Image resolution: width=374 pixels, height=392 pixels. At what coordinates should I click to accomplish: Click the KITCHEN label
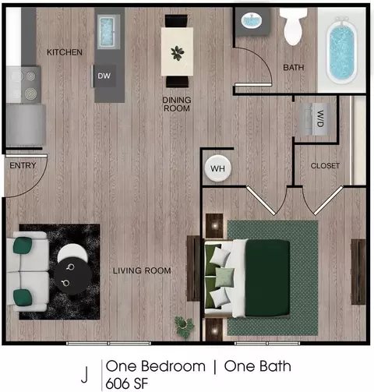tap(65, 52)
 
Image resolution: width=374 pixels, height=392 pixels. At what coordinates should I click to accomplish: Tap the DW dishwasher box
tap(104, 76)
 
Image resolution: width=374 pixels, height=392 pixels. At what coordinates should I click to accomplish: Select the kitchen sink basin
tap(106, 31)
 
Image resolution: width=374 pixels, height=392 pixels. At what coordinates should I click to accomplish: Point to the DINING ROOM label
tap(177, 104)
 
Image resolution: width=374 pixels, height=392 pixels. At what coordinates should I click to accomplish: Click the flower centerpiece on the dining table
tap(178, 53)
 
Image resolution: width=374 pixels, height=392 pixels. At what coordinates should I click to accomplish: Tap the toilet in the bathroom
tap(293, 26)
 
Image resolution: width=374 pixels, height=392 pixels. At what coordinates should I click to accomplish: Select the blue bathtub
tap(342, 50)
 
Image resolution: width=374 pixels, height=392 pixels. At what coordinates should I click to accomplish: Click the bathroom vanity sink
tap(252, 20)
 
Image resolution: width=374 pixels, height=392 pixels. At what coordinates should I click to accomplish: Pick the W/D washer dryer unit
tap(315, 118)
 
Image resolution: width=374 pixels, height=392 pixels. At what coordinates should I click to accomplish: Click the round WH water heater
tap(217, 168)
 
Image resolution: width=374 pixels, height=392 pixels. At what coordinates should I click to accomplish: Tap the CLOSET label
tap(325, 166)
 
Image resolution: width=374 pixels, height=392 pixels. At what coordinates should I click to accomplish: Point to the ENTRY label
tap(23, 165)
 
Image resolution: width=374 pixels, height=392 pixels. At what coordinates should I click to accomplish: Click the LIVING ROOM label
tap(142, 270)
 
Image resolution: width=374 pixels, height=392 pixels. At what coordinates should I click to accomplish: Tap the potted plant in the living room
tap(185, 327)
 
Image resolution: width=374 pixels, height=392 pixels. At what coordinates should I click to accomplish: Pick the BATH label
tap(294, 68)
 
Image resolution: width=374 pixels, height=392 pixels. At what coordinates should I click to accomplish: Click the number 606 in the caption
tap(118, 383)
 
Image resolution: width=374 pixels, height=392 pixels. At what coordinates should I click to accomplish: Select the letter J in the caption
tap(84, 375)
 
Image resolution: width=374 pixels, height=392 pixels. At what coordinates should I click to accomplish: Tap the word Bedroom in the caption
tap(174, 366)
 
